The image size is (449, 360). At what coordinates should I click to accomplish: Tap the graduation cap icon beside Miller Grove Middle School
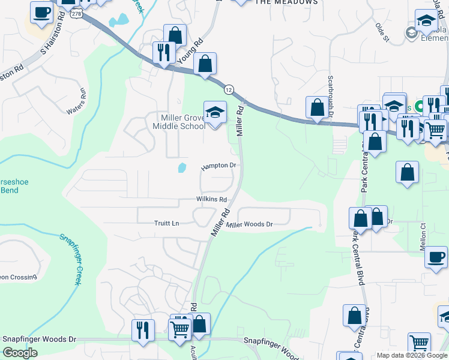(215, 112)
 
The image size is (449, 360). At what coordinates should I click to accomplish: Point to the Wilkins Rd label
(211, 199)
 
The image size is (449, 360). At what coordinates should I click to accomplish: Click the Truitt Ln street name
(167, 223)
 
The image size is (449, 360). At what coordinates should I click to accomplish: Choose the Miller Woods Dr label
(250, 224)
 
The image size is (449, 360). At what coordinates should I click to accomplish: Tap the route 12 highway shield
(229, 89)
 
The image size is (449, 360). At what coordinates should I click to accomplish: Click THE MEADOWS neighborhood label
(286, 2)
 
